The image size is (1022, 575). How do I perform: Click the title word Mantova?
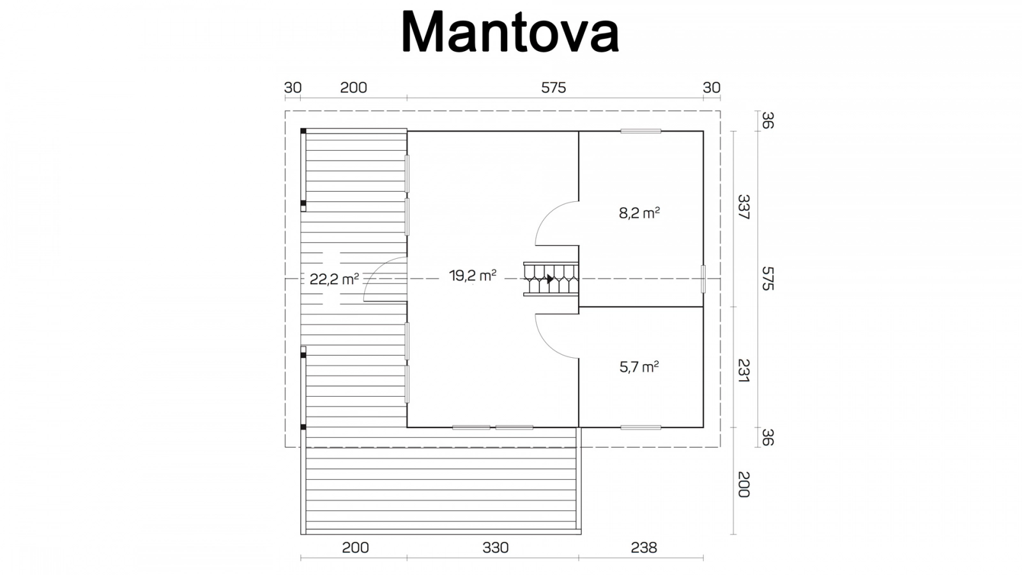pyautogui.click(x=510, y=32)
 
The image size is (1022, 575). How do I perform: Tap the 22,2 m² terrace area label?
pyautogui.click(x=334, y=279)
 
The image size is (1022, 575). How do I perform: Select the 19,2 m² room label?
pyautogui.click(x=473, y=275)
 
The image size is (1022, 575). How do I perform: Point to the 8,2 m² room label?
pyautogui.click(x=639, y=213)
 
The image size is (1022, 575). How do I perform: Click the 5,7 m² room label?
pyautogui.click(x=639, y=367)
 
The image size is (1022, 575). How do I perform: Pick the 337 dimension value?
pyautogui.click(x=744, y=207)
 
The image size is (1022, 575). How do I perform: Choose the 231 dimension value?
pyautogui.click(x=744, y=371)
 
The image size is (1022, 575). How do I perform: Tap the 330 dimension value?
pyautogui.click(x=496, y=547)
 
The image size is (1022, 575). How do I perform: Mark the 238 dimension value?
pyautogui.click(x=644, y=547)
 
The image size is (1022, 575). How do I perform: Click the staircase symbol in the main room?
pyautogui.click(x=551, y=279)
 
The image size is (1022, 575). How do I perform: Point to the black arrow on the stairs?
pyautogui.click(x=550, y=279)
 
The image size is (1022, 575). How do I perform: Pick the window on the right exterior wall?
pyautogui.click(x=703, y=279)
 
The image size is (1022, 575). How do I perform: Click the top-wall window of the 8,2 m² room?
pyautogui.click(x=641, y=131)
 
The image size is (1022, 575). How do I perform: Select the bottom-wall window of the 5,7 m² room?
pyautogui.click(x=641, y=427)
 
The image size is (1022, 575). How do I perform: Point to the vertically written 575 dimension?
pyautogui.click(x=768, y=279)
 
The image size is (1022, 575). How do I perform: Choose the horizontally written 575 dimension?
pyautogui.click(x=553, y=87)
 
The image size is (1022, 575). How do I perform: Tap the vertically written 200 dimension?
pyautogui.click(x=744, y=484)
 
